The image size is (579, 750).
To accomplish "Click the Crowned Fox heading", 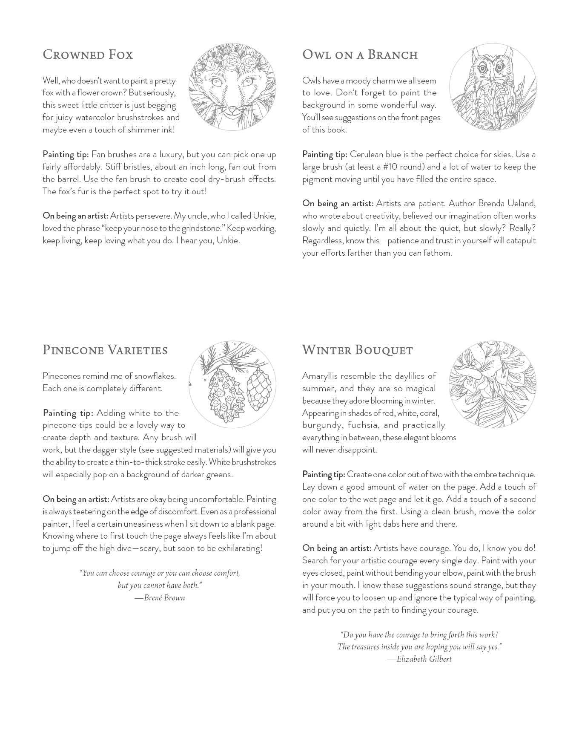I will pos(88,55).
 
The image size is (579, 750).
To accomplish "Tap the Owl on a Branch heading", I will pos(360,55).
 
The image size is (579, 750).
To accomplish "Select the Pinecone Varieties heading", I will pos(105,350).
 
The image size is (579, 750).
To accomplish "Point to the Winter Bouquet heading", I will pos(357,350).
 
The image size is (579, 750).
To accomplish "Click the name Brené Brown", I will pos(164,597).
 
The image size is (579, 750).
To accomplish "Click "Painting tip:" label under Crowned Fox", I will pos(66,154).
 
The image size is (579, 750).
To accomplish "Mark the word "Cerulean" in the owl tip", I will pos(367,154).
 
